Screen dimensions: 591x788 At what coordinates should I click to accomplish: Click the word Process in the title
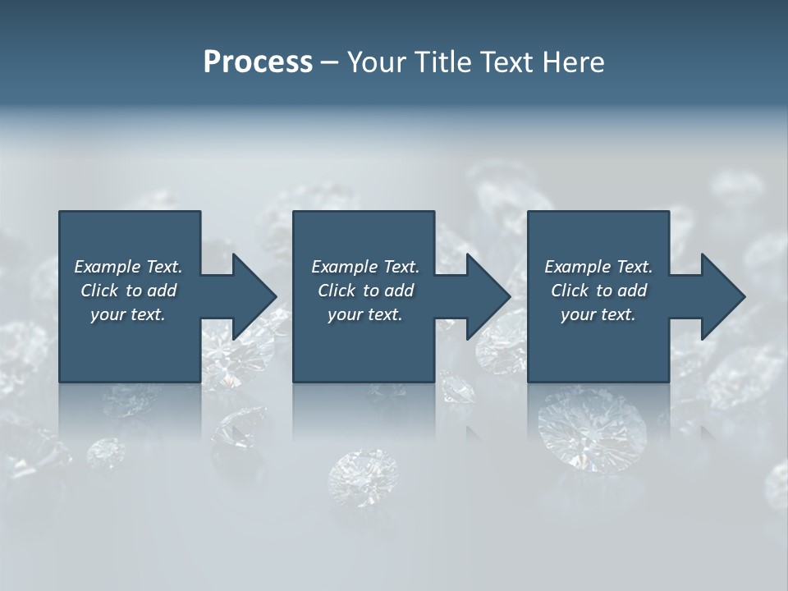tap(258, 62)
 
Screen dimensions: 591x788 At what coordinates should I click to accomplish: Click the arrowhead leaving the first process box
tap(250, 296)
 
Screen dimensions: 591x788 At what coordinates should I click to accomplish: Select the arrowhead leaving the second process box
tap(484, 296)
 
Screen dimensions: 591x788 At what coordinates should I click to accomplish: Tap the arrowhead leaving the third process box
tap(719, 296)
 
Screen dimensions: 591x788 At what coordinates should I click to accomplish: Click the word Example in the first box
tap(108, 267)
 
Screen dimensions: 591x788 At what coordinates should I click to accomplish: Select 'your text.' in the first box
tap(128, 314)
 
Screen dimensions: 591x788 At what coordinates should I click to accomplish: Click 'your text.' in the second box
tap(364, 314)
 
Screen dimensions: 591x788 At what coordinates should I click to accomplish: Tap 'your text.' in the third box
tap(598, 314)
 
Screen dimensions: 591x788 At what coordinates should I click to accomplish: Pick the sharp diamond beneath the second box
tap(364, 476)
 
